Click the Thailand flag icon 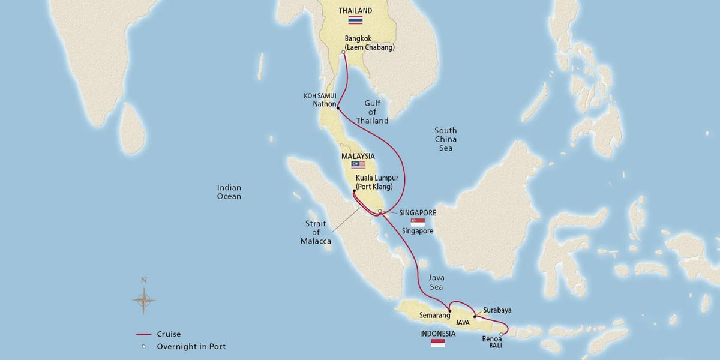[355, 20]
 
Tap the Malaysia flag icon [358, 164]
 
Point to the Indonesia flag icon [438, 343]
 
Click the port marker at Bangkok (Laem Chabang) [343, 53]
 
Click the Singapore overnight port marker [380, 211]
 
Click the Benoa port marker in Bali [501, 335]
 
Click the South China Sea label [445, 139]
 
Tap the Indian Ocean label [229, 192]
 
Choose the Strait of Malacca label [316, 232]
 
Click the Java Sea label [436, 282]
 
